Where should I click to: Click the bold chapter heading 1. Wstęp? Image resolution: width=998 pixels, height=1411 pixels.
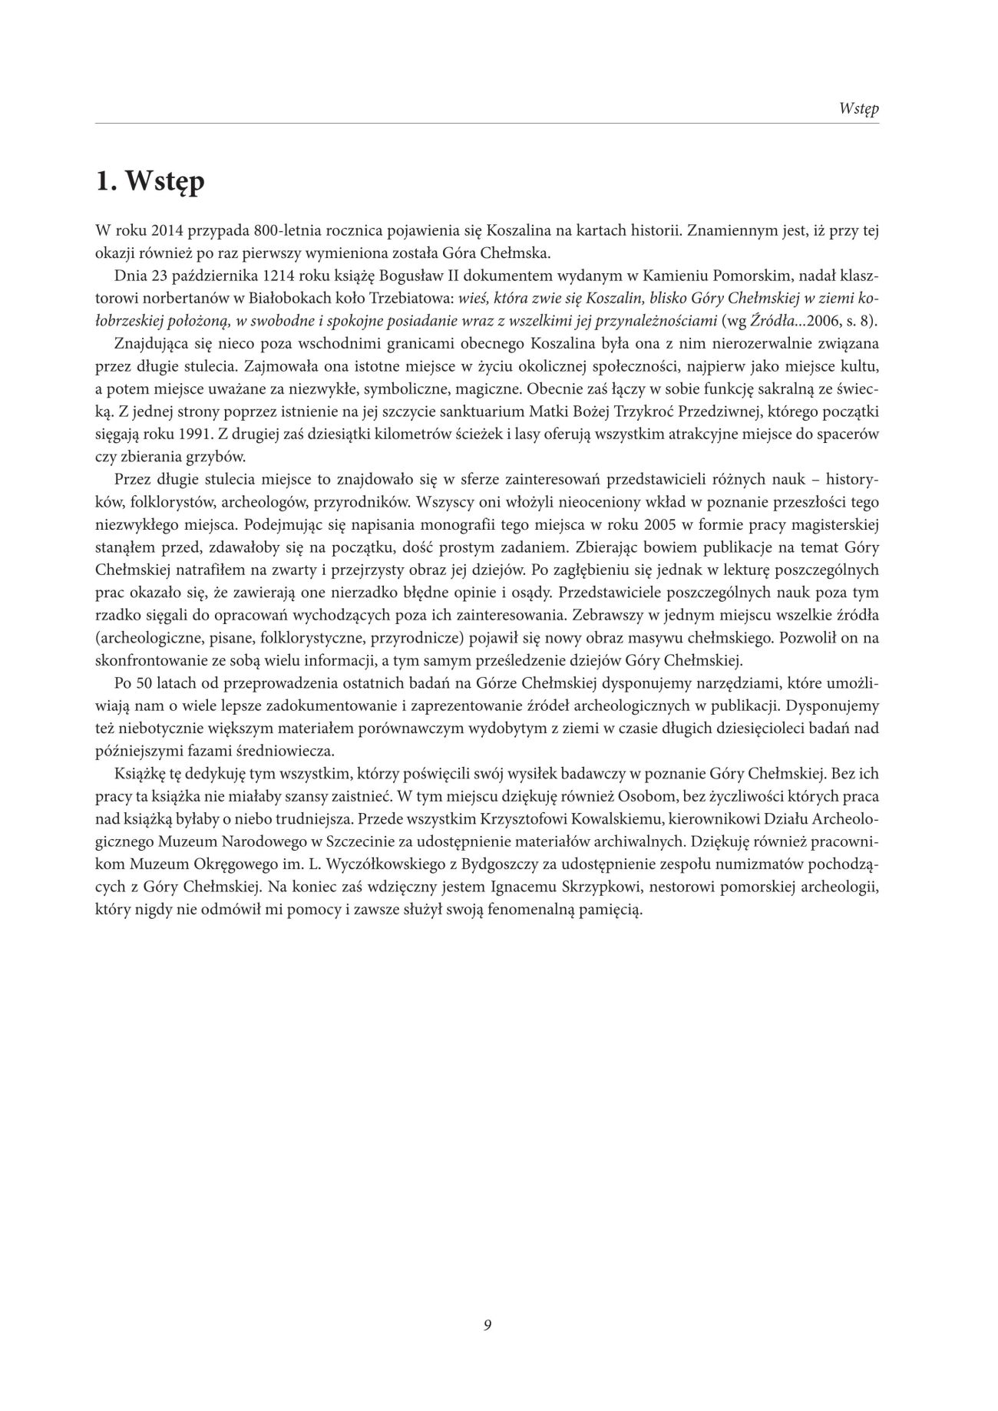pos(150,182)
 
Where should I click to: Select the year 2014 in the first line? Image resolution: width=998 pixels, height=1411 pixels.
pos(167,230)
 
